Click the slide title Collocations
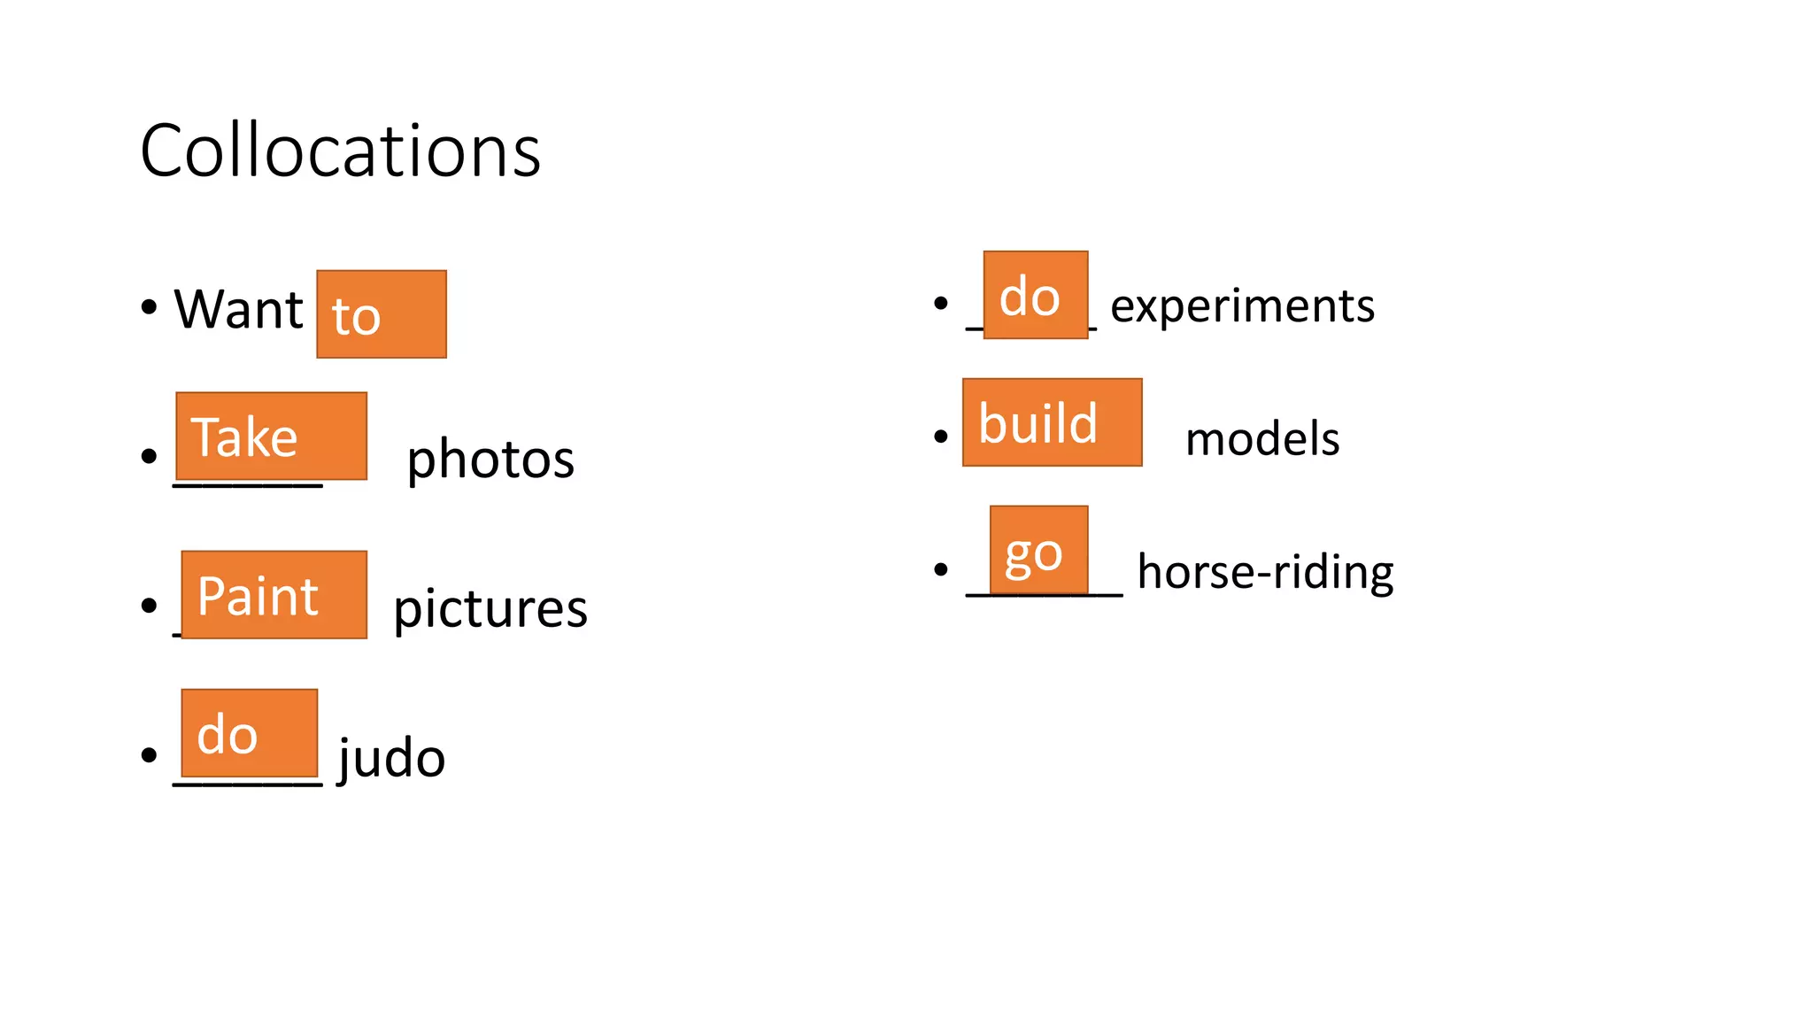point(340,151)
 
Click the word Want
point(238,310)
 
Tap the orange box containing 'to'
point(382,314)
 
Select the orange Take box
point(271,436)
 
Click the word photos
point(490,460)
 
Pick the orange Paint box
point(274,594)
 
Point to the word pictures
point(490,609)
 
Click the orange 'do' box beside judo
point(249,733)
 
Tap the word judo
point(391,759)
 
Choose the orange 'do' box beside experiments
point(1035,295)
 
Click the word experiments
point(1242,306)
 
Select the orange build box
point(1052,422)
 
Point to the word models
point(1262,439)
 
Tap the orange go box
point(1038,550)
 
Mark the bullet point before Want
point(149,307)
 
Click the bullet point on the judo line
point(149,754)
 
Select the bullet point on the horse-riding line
point(941,568)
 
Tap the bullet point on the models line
point(941,436)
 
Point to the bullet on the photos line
point(149,456)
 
